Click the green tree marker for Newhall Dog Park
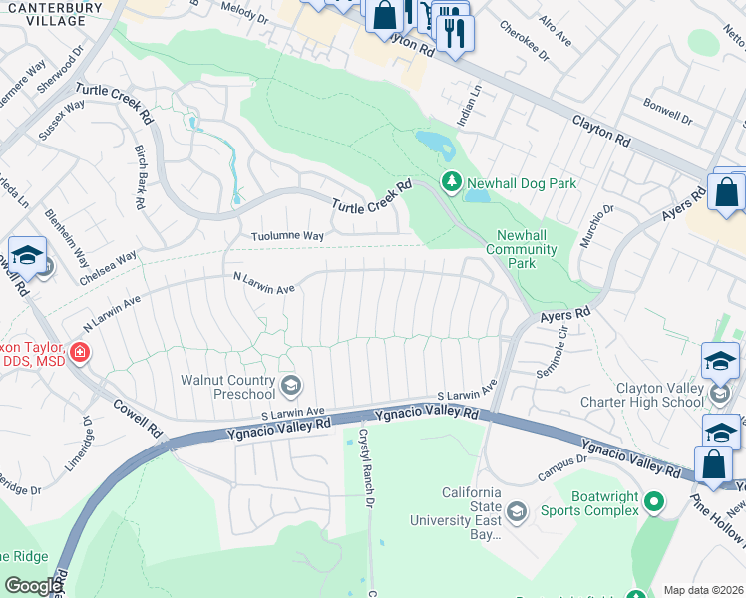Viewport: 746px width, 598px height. pyautogui.click(x=451, y=182)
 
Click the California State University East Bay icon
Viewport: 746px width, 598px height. pyautogui.click(x=516, y=512)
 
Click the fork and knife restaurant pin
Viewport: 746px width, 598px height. pyautogui.click(x=454, y=32)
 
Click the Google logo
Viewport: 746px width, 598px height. pyautogui.click(x=33, y=586)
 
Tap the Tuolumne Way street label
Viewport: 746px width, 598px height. pyautogui.click(x=287, y=236)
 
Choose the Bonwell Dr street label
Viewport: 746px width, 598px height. pyautogui.click(x=667, y=111)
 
